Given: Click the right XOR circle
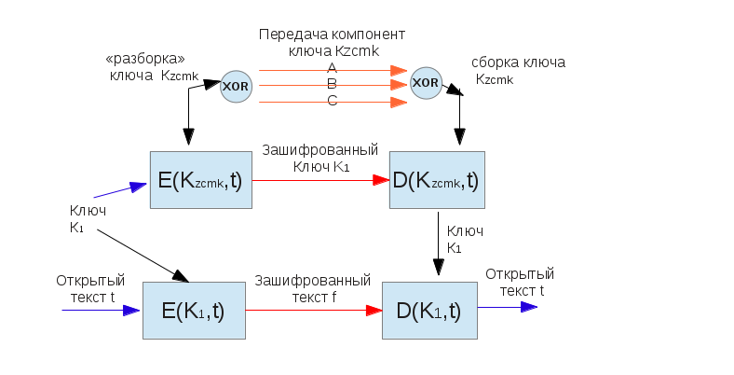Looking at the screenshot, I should (x=426, y=81).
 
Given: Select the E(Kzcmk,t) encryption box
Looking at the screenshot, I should (x=199, y=181).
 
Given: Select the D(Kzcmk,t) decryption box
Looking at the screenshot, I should (x=437, y=181).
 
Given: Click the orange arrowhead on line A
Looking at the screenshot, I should (x=399, y=70).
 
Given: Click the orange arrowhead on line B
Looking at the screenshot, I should (x=399, y=85).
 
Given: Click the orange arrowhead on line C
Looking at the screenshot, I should (x=399, y=101).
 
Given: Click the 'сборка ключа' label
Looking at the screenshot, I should (x=518, y=70).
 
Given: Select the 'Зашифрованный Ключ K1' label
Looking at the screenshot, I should (x=319, y=158).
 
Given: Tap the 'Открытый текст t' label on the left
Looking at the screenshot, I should (x=85, y=289).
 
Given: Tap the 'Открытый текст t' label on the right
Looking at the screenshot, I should (x=520, y=282).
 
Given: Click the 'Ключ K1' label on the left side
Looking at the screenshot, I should (x=87, y=218).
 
